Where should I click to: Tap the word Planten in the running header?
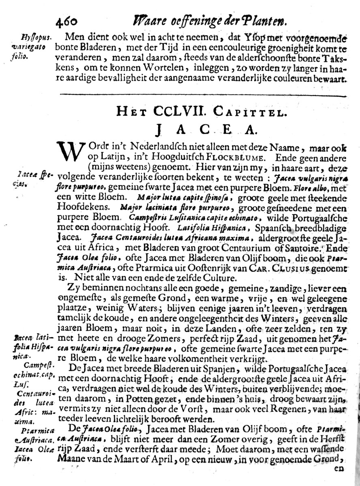pyautogui.click(x=266, y=20)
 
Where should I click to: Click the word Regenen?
pyautogui.click(x=297, y=409)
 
